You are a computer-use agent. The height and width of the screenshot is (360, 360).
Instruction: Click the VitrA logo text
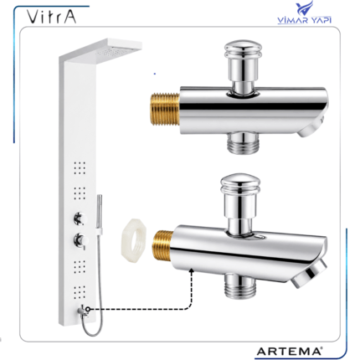click(x=52, y=17)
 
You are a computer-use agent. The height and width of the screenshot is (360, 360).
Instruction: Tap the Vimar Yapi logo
click(x=305, y=13)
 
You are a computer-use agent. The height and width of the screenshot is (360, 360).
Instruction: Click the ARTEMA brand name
click(x=289, y=351)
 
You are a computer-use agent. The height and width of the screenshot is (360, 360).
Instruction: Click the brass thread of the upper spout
click(x=165, y=110)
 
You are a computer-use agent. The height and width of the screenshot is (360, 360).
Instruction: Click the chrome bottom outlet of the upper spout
click(x=243, y=142)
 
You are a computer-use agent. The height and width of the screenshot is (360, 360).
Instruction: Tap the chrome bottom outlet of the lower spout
click(x=240, y=286)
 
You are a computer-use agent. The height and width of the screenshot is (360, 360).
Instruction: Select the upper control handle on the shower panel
click(x=80, y=219)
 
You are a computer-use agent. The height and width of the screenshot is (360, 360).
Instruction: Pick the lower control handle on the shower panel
click(x=80, y=240)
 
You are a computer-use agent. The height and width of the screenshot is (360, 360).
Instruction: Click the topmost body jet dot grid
click(x=80, y=168)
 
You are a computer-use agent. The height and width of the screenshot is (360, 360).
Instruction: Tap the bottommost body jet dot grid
click(x=80, y=292)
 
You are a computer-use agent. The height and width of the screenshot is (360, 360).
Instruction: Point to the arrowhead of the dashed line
click(x=192, y=270)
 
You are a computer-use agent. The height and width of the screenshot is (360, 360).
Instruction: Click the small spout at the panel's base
click(x=83, y=311)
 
